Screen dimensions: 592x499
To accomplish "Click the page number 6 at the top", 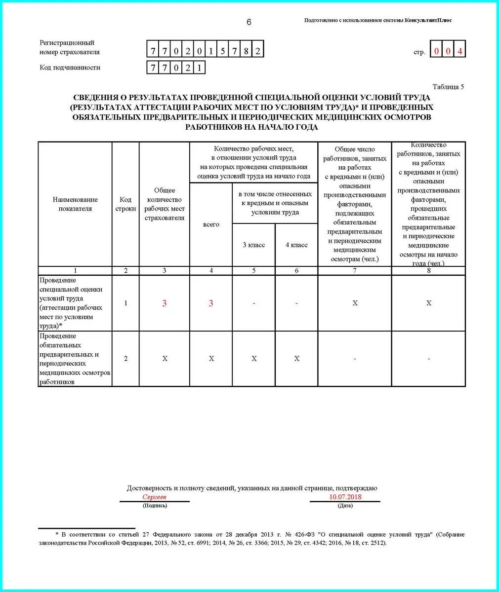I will (249, 22).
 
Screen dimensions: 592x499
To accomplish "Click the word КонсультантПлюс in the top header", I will (428, 20).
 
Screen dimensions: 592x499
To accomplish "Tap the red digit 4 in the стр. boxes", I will (460, 51).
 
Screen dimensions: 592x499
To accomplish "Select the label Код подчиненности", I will (70, 68).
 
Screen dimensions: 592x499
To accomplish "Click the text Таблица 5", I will (448, 87).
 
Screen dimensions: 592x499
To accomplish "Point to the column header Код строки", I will (125, 204).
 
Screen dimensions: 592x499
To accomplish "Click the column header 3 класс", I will (253, 245).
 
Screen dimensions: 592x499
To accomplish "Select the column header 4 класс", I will (296, 245).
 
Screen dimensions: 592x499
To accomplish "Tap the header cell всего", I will (211, 224).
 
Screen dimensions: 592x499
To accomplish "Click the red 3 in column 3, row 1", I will (165, 303).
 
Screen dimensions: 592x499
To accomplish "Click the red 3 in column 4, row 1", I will (211, 303).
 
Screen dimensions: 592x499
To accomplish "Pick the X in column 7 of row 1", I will (355, 303).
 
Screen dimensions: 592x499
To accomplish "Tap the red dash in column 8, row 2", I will (428, 359).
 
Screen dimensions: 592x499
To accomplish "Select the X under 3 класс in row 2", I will (254, 359).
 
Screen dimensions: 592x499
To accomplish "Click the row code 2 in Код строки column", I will (125, 359).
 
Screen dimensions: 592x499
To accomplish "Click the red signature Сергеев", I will (155, 497).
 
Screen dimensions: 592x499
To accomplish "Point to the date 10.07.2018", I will (345, 497).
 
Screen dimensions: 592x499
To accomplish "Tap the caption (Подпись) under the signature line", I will (155, 506).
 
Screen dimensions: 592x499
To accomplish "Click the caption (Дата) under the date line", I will (345, 506).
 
